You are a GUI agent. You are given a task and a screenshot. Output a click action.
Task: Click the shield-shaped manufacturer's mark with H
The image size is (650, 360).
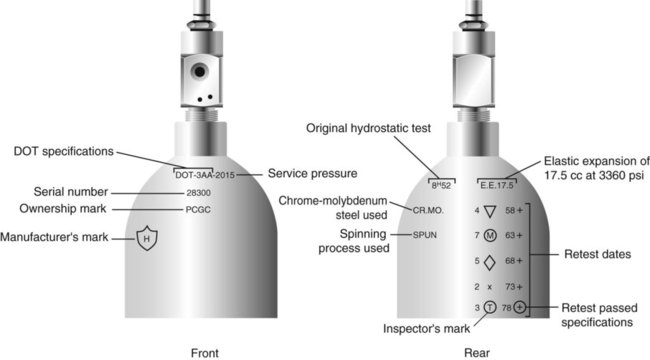[147, 238]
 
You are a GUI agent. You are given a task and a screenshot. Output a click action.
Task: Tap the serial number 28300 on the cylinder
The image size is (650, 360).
[198, 193]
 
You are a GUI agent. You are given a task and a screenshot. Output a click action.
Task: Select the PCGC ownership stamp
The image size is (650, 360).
[198, 210]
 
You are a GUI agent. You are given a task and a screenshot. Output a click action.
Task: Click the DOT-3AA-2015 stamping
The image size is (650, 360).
[205, 175]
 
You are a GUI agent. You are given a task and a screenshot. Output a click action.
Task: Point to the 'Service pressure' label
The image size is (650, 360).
[313, 173]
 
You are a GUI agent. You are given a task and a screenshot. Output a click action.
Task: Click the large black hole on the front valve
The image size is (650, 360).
[199, 71]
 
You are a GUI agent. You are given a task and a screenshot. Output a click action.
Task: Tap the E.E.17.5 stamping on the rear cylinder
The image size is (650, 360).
[497, 185]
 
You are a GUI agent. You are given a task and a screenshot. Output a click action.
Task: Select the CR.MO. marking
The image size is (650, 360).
[428, 210]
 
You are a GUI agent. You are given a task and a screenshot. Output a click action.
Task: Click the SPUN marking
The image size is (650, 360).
[424, 235]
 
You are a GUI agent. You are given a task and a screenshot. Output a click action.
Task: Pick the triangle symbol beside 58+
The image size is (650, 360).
[490, 211]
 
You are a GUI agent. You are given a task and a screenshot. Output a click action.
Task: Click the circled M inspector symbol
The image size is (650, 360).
[490, 236]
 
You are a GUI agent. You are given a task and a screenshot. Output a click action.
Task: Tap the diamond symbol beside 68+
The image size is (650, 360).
[490, 262]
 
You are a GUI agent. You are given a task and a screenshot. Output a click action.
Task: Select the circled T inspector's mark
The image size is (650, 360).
[490, 307]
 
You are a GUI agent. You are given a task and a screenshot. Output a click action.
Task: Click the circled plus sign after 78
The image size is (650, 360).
[519, 307]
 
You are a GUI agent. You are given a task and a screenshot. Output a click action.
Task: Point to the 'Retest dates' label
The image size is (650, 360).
[597, 254]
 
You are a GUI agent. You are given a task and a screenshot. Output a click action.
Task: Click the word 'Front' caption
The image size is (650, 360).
[205, 353]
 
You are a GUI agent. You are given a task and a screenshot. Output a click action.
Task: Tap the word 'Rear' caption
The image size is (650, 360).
[477, 353]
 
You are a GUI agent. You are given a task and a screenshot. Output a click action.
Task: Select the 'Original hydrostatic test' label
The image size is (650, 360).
[369, 128]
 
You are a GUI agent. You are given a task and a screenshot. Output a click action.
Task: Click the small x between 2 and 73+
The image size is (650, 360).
[490, 287]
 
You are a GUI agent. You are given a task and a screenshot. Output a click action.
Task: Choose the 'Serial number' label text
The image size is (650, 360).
[71, 192]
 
